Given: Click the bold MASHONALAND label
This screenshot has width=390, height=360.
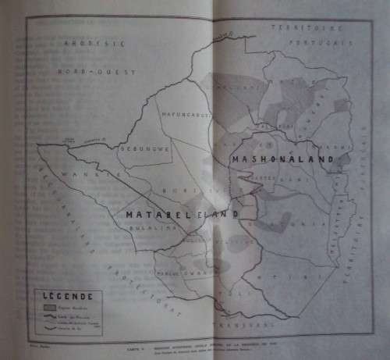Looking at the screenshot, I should [282, 159].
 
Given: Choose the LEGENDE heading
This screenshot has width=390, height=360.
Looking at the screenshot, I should [69, 297].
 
